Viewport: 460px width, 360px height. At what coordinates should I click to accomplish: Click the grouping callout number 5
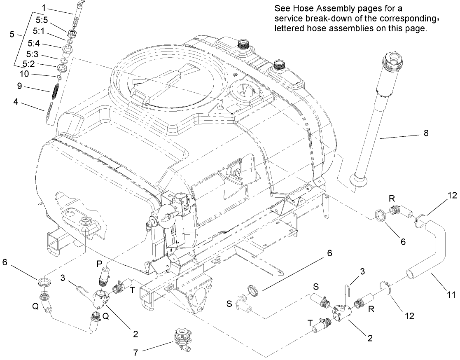(11, 35)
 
